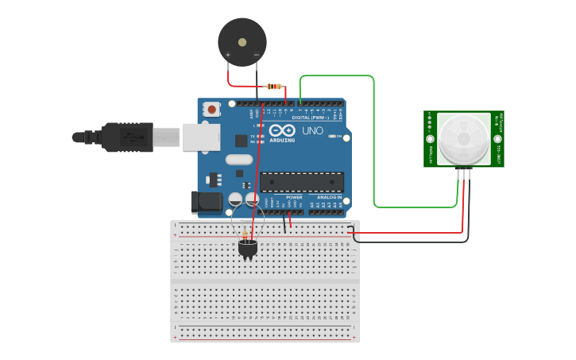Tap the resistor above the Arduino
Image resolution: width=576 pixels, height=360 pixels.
coord(274,86)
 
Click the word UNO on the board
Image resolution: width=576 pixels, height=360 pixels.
coord(313,130)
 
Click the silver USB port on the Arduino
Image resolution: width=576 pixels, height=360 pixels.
coord(200,137)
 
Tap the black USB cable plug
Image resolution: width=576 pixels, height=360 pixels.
coord(127,137)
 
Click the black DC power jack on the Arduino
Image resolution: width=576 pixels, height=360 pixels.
coord(206,202)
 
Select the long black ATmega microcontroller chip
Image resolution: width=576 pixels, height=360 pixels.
coord(302,182)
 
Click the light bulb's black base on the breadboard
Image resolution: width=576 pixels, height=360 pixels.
coord(248,249)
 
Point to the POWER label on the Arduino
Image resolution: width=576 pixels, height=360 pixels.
coord(294,197)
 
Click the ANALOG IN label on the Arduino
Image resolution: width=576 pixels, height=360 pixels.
coord(330,197)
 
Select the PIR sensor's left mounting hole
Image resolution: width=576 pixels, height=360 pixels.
coord(430,139)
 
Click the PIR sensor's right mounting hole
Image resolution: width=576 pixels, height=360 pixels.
coord(498,139)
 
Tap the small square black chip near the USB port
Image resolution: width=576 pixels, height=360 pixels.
coord(241,141)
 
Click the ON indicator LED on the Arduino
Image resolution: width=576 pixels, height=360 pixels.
coord(328,137)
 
